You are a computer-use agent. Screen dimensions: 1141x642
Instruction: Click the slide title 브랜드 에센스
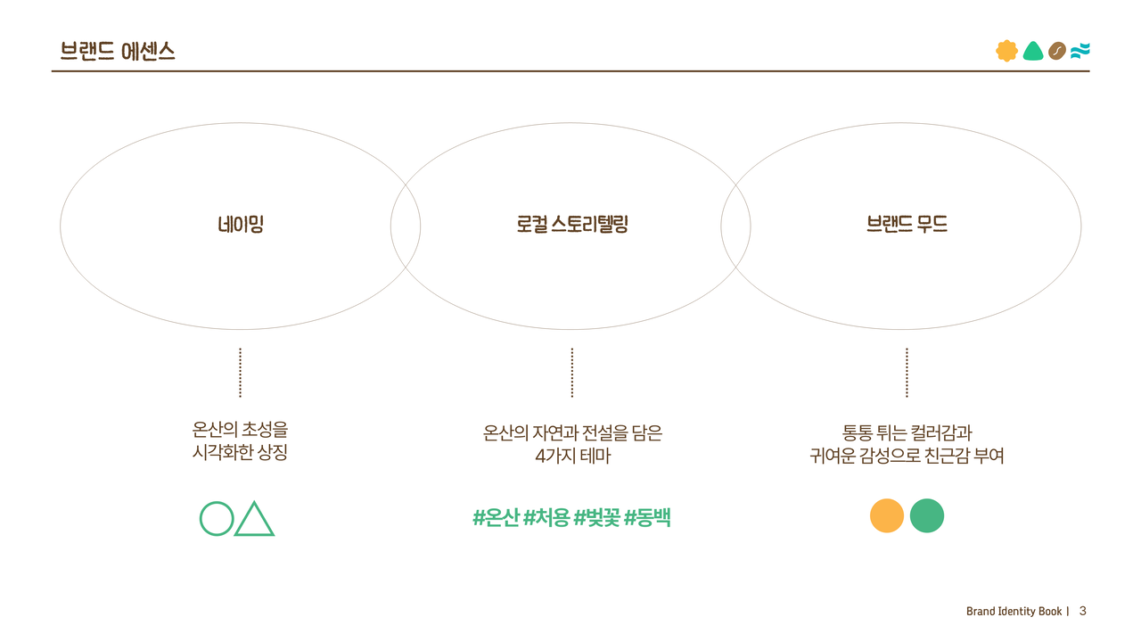117,52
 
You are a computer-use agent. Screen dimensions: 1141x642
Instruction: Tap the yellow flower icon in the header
1006,51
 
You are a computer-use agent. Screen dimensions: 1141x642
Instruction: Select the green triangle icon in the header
1032,51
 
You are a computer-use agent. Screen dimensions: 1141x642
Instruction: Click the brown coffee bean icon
1057,51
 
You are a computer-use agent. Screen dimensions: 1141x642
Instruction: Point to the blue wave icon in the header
1080,51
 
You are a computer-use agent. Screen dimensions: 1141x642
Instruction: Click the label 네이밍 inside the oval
241,225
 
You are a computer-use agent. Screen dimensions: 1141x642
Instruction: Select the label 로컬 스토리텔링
572,225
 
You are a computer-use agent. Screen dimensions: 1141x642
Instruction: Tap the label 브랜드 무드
907,225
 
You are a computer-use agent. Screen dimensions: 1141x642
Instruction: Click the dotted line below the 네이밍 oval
241,373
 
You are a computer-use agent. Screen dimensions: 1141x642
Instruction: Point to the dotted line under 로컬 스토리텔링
572,373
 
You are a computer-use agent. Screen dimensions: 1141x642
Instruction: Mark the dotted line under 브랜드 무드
907,373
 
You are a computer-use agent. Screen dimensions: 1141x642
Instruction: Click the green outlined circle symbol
216,518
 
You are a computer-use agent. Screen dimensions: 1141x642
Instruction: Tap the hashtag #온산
496,517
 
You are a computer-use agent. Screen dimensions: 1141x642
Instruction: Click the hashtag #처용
546,517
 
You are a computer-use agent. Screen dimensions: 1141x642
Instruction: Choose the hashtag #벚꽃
596,517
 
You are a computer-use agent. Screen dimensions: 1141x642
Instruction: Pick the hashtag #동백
647,517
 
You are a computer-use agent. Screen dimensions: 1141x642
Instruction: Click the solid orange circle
887,515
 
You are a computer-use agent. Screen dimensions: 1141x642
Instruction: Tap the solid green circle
927,515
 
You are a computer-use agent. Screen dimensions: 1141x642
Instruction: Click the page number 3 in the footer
1082,611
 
